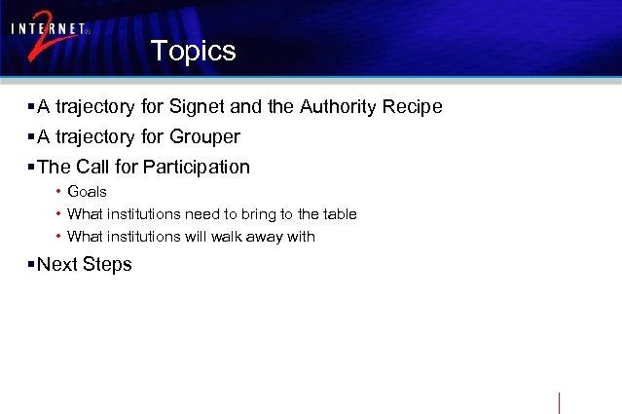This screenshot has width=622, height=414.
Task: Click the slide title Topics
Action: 193,51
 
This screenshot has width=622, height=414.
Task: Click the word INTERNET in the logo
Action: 49,29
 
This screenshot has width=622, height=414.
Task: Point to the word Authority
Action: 342,106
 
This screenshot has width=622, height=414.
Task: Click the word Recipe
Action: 416,106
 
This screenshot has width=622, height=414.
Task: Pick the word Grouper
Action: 202,136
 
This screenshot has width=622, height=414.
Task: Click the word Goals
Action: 87,192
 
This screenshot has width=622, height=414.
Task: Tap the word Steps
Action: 107,265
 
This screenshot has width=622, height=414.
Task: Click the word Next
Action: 57,265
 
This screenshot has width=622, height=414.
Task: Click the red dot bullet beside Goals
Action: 58,192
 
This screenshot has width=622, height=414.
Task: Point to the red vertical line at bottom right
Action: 560,402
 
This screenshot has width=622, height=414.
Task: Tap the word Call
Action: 92,167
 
